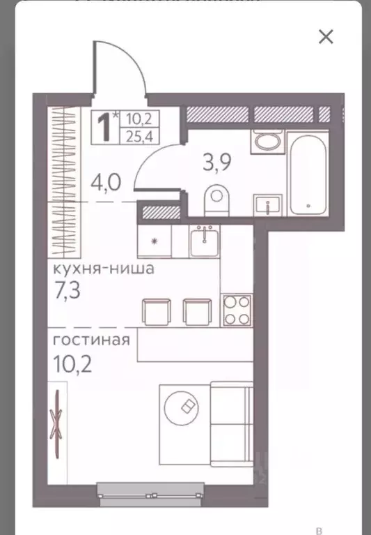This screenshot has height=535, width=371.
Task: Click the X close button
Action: coord(326,37)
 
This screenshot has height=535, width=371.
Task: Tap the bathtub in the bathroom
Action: coord(308,174)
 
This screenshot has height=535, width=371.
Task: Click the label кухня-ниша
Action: coord(102,269)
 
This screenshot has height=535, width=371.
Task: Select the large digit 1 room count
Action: coord(105,127)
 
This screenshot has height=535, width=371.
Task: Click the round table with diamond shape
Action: coord(187,409)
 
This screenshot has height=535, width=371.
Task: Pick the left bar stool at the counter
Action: coord(155,310)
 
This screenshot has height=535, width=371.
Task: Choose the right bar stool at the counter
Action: coord(197,310)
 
